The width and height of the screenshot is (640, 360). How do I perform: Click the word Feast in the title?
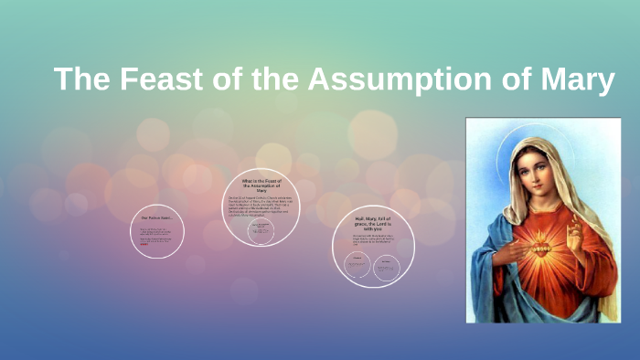click(x=144, y=79)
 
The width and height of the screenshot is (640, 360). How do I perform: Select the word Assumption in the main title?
click(x=400, y=79)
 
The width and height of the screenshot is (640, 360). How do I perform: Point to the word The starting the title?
click(x=79, y=79)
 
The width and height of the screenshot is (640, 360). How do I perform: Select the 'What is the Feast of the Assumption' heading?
click(x=262, y=185)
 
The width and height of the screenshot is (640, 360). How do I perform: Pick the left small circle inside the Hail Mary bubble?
click(x=357, y=266)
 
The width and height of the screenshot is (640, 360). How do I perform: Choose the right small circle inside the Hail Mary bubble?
click(x=386, y=266)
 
